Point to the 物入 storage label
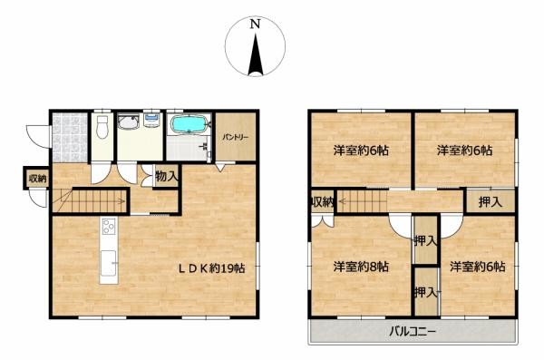coord(166,176)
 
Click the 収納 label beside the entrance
coord(37,180)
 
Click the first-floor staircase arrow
coord(91,199)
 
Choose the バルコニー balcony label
coord(413,332)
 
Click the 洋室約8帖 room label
coord(360,267)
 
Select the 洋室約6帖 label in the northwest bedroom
coord(360,151)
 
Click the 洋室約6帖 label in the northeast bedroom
coord(463,151)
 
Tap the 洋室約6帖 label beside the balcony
coord(477,267)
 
